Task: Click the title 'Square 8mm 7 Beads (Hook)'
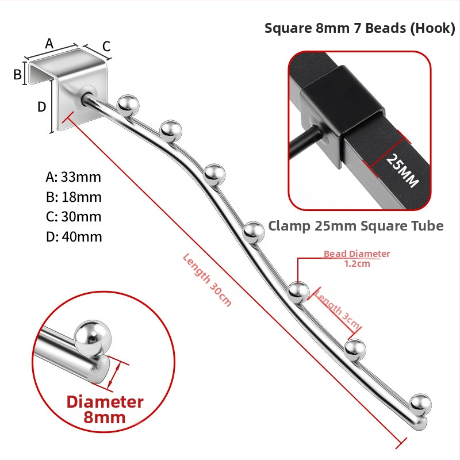(x=360, y=28)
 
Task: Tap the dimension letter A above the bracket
(x=49, y=44)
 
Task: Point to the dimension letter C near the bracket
(x=106, y=47)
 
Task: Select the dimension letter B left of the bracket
(x=17, y=74)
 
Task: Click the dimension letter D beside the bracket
(x=41, y=107)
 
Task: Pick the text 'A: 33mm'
(x=74, y=177)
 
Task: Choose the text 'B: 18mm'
(x=74, y=197)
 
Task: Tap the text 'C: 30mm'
(x=74, y=217)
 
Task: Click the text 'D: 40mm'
(x=74, y=237)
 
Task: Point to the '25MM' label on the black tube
(x=402, y=170)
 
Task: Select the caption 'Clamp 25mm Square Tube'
(x=355, y=226)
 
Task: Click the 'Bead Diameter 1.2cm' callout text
(x=356, y=258)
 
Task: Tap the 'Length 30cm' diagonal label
(x=207, y=280)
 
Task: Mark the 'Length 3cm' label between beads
(x=337, y=310)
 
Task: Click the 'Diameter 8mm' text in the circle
(x=105, y=409)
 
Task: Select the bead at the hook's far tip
(x=420, y=405)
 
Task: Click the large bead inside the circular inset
(x=93, y=339)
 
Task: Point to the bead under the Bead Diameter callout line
(x=298, y=293)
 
